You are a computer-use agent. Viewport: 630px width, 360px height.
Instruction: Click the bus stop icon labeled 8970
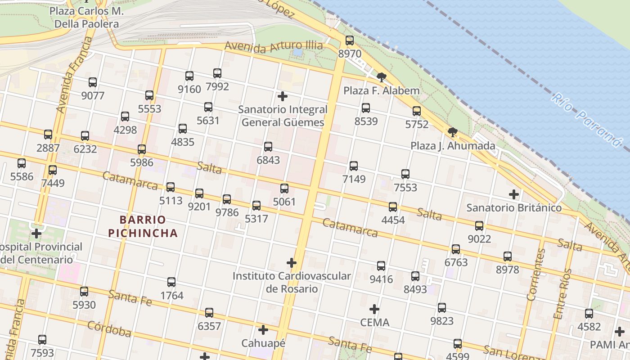click(x=350, y=40)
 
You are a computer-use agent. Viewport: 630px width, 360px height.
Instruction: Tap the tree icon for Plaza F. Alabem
click(x=382, y=77)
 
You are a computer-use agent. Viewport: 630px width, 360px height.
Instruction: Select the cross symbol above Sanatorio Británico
click(x=514, y=194)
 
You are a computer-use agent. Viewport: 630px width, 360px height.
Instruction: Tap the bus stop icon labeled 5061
click(x=284, y=189)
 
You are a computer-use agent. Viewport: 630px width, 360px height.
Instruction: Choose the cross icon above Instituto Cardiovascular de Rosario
click(x=292, y=262)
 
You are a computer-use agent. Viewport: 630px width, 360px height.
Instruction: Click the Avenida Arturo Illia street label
click(x=274, y=46)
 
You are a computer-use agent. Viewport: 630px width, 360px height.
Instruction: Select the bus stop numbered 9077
click(x=93, y=82)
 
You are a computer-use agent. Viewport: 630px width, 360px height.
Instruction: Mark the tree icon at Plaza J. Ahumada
click(x=453, y=132)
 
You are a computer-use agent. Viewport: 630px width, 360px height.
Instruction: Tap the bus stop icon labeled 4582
click(x=589, y=314)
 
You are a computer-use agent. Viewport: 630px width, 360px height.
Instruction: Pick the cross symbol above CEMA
click(x=374, y=309)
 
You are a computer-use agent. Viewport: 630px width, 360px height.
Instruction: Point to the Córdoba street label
click(x=109, y=329)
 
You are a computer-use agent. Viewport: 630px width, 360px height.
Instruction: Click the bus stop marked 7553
click(x=405, y=174)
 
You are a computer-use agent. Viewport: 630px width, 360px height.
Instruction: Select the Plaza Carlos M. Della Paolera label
click(x=85, y=17)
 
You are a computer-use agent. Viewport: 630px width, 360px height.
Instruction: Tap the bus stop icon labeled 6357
click(x=209, y=313)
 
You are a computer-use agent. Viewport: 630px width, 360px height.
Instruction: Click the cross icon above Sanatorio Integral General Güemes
click(x=283, y=96)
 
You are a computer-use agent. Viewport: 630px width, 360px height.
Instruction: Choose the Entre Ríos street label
click(x=563, y=294)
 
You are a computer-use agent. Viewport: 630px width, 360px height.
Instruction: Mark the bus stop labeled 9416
click(x=381, y=266)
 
